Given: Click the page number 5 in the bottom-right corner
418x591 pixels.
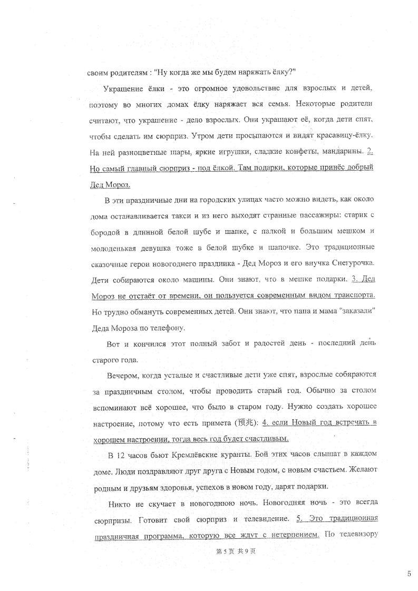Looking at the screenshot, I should pos(409,574).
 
